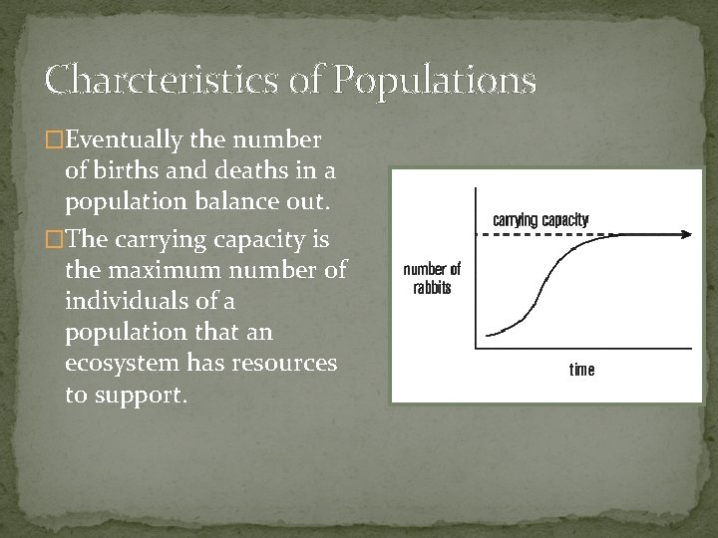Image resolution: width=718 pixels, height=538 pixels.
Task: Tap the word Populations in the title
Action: (436, 78)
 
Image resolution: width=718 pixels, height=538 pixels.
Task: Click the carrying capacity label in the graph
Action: (541, 219)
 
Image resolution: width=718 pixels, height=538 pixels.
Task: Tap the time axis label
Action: (581, 370)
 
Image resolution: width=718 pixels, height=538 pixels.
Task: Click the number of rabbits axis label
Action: (432, 277)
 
